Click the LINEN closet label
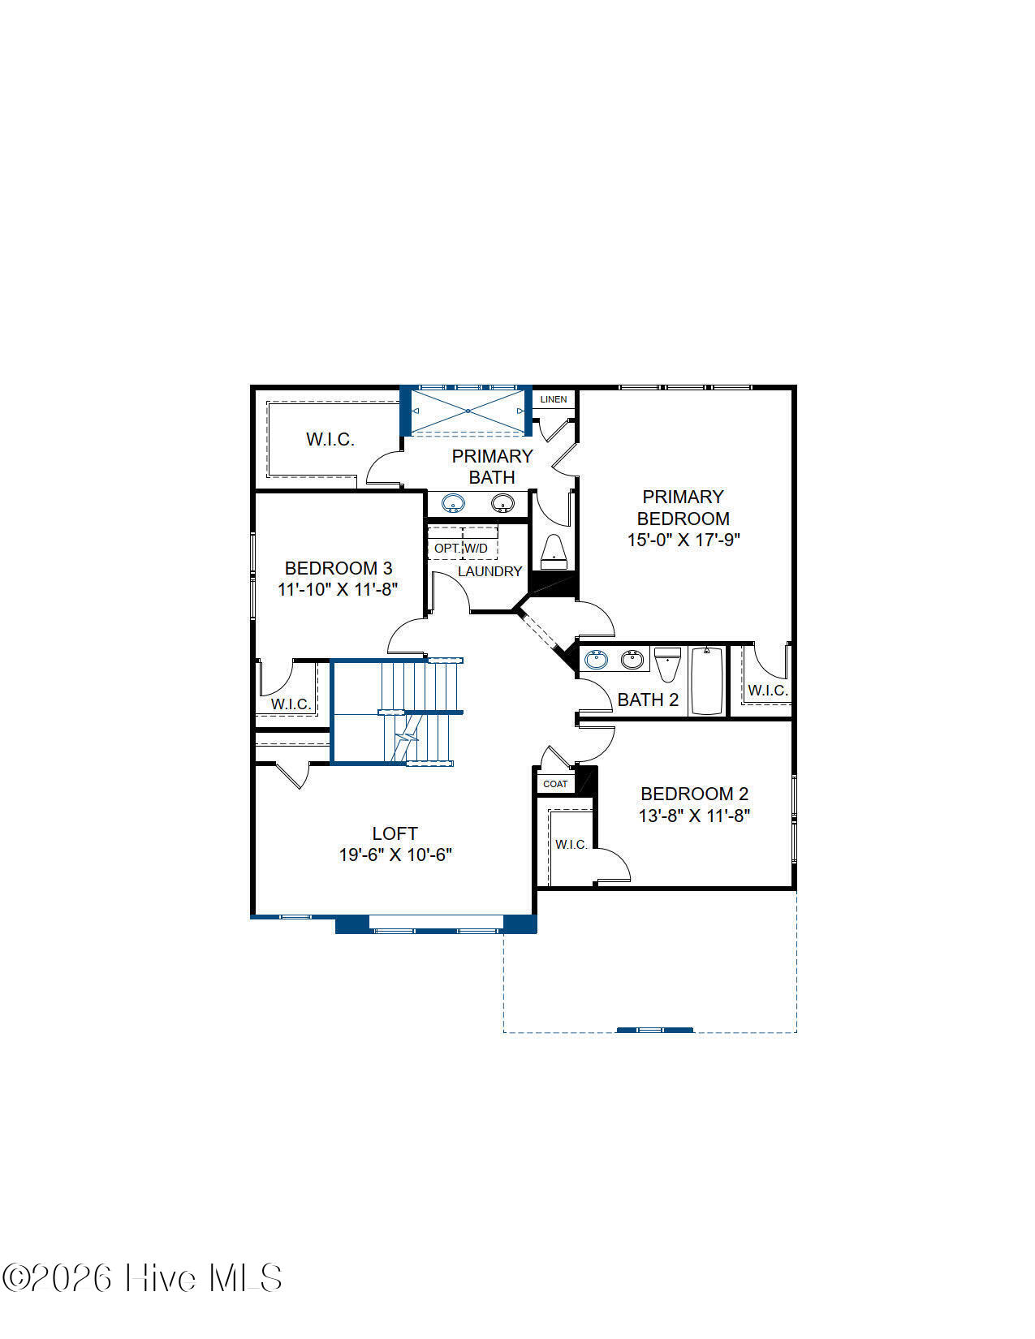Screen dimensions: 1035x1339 pos(553,399)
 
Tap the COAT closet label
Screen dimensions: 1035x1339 pos(554,784)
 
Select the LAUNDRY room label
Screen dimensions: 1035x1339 pos(489,571)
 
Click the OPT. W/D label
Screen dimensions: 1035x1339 pos(461,548)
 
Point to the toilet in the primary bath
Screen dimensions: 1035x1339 pos(554,552)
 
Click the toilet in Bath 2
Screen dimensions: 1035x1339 pos(667,664)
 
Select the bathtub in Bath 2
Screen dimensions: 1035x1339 pos(706,680)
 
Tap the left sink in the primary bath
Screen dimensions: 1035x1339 pos(453,503)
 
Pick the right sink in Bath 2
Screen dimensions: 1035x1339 pos(632,660)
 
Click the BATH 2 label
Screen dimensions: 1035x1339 pos(648,700)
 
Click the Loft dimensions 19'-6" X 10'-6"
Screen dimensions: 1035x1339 pos(395,855)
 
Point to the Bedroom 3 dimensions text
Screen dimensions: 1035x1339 pos(337,589)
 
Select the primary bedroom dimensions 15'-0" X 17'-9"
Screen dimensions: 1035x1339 pos(684,540)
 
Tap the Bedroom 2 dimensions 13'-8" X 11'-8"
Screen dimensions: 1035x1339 pos(694,816)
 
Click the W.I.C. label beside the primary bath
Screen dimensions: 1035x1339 pos(330,439)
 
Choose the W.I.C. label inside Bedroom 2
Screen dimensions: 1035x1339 pos(571,844)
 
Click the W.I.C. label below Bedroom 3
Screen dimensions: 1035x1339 pos(291,704)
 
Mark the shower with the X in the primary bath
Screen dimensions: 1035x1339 pos(468,411)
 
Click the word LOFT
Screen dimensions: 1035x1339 pos(395,833)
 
